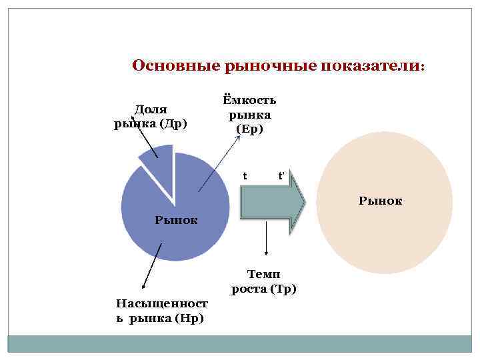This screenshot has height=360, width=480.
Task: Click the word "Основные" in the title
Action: click(x=167, y=67)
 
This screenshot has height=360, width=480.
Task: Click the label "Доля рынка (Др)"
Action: click(x=150, y=116)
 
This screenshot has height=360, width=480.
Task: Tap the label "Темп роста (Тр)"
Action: click(x=264, y=281)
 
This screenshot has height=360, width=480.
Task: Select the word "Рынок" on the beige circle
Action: click(x=381, y=199)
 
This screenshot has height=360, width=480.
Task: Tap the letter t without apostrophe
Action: click(x=245, y=176)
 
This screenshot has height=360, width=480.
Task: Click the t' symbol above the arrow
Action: click(x=281, y=176)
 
